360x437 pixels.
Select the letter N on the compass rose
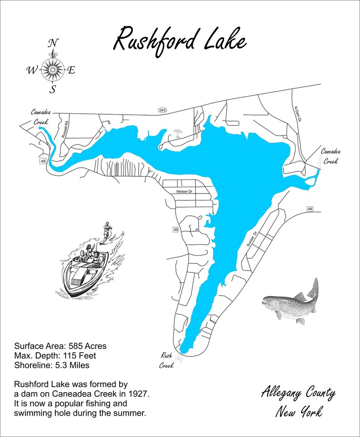pos(53,44)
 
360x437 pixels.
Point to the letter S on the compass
pos(53,89)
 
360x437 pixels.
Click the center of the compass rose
pos(53,70)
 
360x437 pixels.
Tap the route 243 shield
pos(162,111)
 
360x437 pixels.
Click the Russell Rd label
pos(66,129)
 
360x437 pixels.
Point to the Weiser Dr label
pos(186,192)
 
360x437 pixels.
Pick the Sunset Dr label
pos(249,238)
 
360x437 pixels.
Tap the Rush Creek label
pos(166,360)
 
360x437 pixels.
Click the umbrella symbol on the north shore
pos(177,132)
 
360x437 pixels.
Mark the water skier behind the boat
pos(107,230)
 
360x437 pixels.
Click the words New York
pos(299,412)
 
